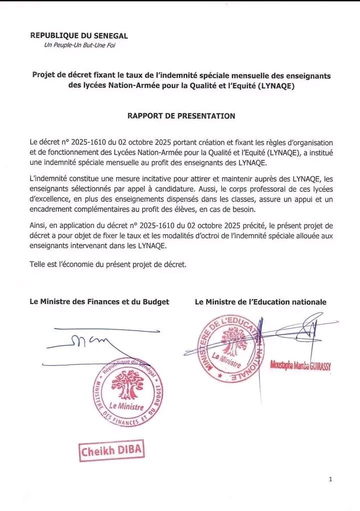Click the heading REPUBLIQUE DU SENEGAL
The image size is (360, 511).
(79, 35)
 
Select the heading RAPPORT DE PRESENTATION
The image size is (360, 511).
(181, 116)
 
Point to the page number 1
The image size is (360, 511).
(330, 479)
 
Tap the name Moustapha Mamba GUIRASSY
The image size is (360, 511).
(301, 366)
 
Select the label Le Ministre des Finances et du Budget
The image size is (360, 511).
(99, 301)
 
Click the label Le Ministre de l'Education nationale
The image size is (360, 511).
(260, 301)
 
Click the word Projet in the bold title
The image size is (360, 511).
(44, 75)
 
